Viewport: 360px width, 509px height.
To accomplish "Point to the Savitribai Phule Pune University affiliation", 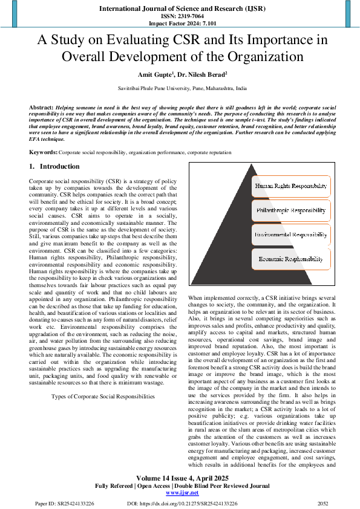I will pyautogui.click(x=180, y=89).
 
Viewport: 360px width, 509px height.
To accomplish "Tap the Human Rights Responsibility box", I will pyautogui.click(x=291, y=186).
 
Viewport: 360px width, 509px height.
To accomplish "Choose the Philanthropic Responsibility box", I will pyautogui.click(x=291, y=211).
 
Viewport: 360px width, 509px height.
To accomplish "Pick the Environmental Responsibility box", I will pyautogui.click(x=291, y=234).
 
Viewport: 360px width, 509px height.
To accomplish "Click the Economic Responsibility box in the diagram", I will pyautogui.click(x=291, y=258).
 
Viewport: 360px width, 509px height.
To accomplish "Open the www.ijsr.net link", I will pyautogui.click(x=179, y=493).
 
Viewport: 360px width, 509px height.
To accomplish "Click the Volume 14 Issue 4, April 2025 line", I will pyautogui.click(x=180, y=478).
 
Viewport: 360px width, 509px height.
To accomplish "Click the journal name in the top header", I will pyautogui.click(x=180, y=8).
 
